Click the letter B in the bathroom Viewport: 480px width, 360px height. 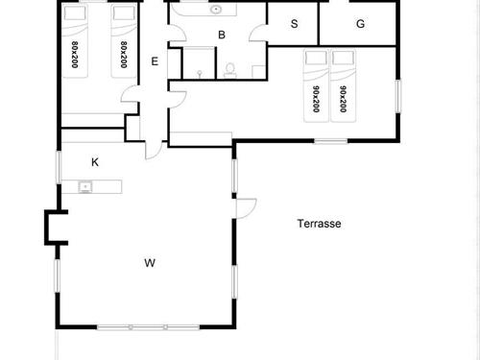[222, 36]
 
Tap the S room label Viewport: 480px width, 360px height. [294, 23]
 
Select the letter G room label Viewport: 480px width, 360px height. [360, 23]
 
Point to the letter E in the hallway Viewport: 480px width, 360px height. [155, 61]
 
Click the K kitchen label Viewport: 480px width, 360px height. [95, 162]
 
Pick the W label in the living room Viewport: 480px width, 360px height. [150, 261]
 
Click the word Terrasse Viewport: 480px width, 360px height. [320, 224]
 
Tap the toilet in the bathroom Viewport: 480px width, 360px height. [230, 69]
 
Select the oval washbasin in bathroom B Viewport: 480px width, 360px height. [217, 11]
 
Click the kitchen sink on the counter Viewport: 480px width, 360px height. [85, 186]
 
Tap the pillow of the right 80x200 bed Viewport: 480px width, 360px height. [121, 14]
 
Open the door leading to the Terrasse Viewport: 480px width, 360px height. [246, 208]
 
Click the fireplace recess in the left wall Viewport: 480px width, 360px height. [52, 228]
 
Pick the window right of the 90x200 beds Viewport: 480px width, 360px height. [397, 98]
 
